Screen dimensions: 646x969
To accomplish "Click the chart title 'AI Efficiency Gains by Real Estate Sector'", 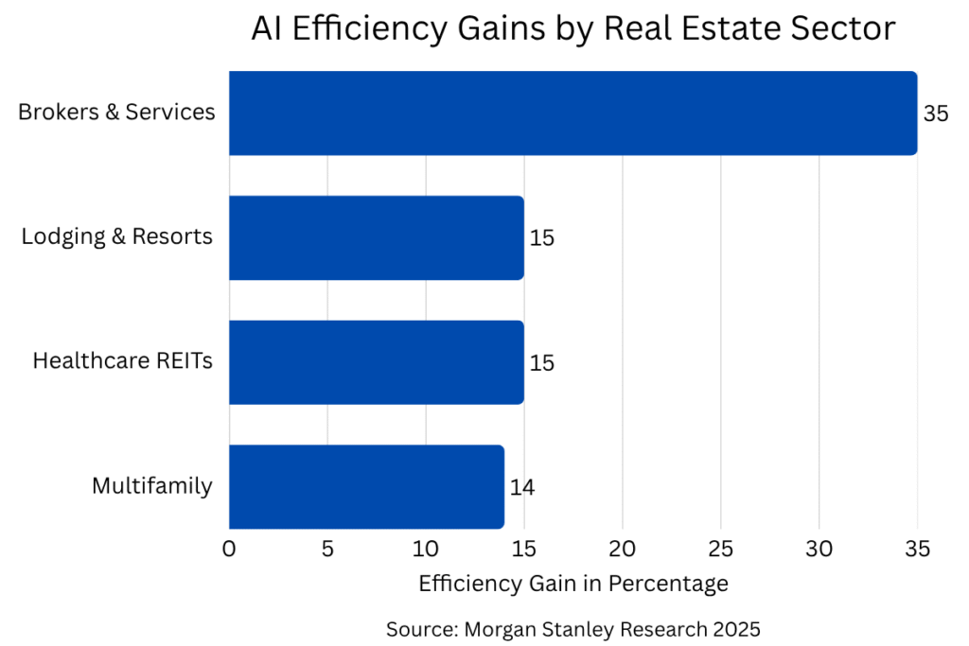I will pyautogui.click(x=573, y=28).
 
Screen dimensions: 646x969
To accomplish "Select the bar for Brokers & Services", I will pyautogui.click(x=573, y=113).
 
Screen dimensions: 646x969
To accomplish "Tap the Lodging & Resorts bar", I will pyautogui.click(x=376, y=237).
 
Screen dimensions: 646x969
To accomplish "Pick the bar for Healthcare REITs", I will pyautogui.click(x=376, y=362).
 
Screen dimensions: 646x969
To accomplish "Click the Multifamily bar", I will pyautogui.click(x=366, y=487).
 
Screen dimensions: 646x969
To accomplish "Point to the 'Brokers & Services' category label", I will pyautogui.click(x=116, y=113).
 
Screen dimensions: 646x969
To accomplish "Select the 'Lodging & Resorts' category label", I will pyautogui.click(x=117, y=236).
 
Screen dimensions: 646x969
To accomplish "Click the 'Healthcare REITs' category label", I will pyautogui.click(x=123, y=361).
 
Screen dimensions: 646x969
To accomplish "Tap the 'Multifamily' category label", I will pyautogui.click(x=152, y=486).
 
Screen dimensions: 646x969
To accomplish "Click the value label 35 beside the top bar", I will pyautogui.click(x=935, y=113).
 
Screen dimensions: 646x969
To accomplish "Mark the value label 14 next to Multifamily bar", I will pyautogui.click(x=522, y=488).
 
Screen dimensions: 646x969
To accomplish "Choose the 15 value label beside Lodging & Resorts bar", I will pyautogui.click(x=542, y=238).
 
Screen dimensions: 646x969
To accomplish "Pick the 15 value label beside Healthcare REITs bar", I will pyautogui.click(x=542, y=363).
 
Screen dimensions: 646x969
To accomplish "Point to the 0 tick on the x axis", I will pyautogui.click(x=229, y=549).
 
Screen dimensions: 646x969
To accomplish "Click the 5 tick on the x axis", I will pyautogui.click(x=327, y=549).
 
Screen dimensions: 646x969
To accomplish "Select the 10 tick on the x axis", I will pyautogui.click(x=426, y=549).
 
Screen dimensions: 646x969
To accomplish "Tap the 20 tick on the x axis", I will pyautogui.click(x=623, y=549).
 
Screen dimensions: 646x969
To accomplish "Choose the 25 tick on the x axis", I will pyautogui.click(x=721, y=549).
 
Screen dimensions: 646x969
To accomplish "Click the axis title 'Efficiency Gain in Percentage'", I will pyautogui.click(x=573, y=584).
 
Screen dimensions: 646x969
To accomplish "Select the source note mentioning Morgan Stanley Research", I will pyautogui.click(x=573, y=628).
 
